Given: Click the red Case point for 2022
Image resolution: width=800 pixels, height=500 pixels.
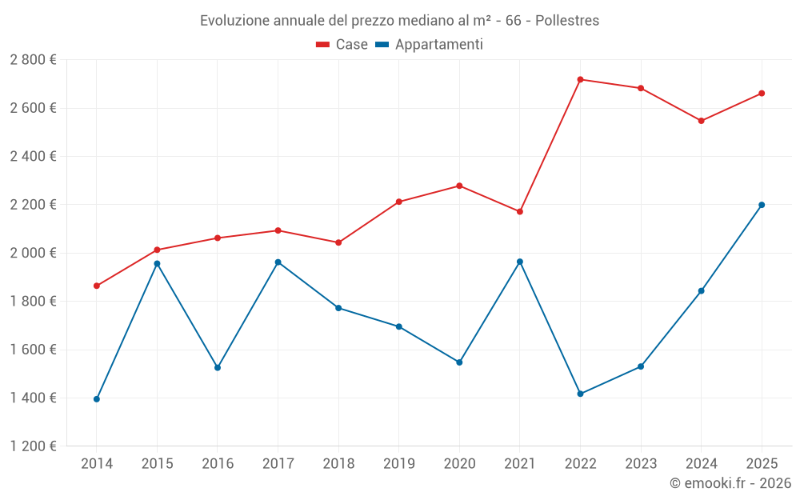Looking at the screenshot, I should (580, 79).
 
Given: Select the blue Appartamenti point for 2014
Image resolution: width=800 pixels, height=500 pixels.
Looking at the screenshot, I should (97, 399).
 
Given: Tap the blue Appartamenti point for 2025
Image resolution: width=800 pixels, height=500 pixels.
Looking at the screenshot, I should (762, 205).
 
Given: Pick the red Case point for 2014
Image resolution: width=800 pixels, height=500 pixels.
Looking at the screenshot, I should (97, 286).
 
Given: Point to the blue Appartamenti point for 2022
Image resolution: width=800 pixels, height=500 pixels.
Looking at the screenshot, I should (580, 394).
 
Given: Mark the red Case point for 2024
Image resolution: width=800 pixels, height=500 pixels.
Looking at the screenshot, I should (701, 121).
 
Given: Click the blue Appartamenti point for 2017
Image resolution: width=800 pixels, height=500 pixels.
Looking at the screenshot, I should (278, 262).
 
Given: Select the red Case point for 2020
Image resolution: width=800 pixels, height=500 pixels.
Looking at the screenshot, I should (459, 186).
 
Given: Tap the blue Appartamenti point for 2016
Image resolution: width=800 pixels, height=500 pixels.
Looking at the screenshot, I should (218, 367).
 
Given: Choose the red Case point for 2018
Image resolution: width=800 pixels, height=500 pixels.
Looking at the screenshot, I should (338, 242).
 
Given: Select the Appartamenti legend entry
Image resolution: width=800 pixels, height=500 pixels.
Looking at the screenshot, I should (430, 45).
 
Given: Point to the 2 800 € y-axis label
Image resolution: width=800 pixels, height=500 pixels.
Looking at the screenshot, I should (33, 60).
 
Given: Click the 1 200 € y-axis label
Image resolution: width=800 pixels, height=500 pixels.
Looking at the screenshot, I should (33, 446).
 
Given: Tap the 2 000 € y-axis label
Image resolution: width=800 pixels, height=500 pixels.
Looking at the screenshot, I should (33, 253).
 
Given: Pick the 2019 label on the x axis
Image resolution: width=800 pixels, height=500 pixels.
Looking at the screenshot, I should (398, 463).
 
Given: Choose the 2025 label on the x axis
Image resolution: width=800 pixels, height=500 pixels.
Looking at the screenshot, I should (762, 463).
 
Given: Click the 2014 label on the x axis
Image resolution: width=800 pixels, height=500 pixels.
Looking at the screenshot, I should (97, 463).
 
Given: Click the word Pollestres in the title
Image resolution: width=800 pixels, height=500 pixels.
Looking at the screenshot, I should (566, 20).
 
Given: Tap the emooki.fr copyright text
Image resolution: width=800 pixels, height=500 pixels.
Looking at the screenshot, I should (730, 483).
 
